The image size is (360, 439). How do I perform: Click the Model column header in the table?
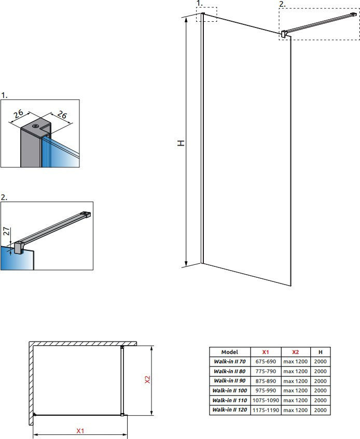pyautogui.click(x=229, y=352)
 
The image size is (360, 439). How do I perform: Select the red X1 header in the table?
pyautogui.click(x=265, y=352)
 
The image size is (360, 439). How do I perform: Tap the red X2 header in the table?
pyautogui.click(x=295, y=352)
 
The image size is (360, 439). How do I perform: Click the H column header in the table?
pyautogui.click(x=320, y=352)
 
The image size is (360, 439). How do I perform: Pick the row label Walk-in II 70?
pyautogui.click(x=229, y=361)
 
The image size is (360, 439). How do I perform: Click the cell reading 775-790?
pyautogui.click(x=266, y=371)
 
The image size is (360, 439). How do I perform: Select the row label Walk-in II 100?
pyautogui.click(x=229, y=391)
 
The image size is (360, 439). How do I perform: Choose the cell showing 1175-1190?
pyautogui.click(x=266, y=410)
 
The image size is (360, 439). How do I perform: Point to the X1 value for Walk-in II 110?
pyautogui.click(x=266, y=400)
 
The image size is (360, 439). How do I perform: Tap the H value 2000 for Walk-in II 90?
pyautogui.click(x=320, y=381)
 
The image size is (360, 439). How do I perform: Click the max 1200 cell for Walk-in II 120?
pyautogui.click(x=295, y=410)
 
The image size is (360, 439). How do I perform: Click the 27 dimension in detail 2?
pyautogui.click(x=6, y=231)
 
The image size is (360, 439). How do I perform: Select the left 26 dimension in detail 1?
pyautogui.click(x=19, y=114)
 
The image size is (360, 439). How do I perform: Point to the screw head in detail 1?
pyautogui.click(x=36, y=126)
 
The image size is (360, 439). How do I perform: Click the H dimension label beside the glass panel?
pyautogui.click(x=181, y=143)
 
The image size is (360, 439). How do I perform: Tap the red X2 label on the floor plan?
pyautogui.click(x=147, y=379)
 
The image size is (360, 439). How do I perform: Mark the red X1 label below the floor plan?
pyautogui.click(x=80, y=431)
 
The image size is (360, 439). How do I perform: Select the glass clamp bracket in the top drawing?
pyautogui.click(x=284, y=34)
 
